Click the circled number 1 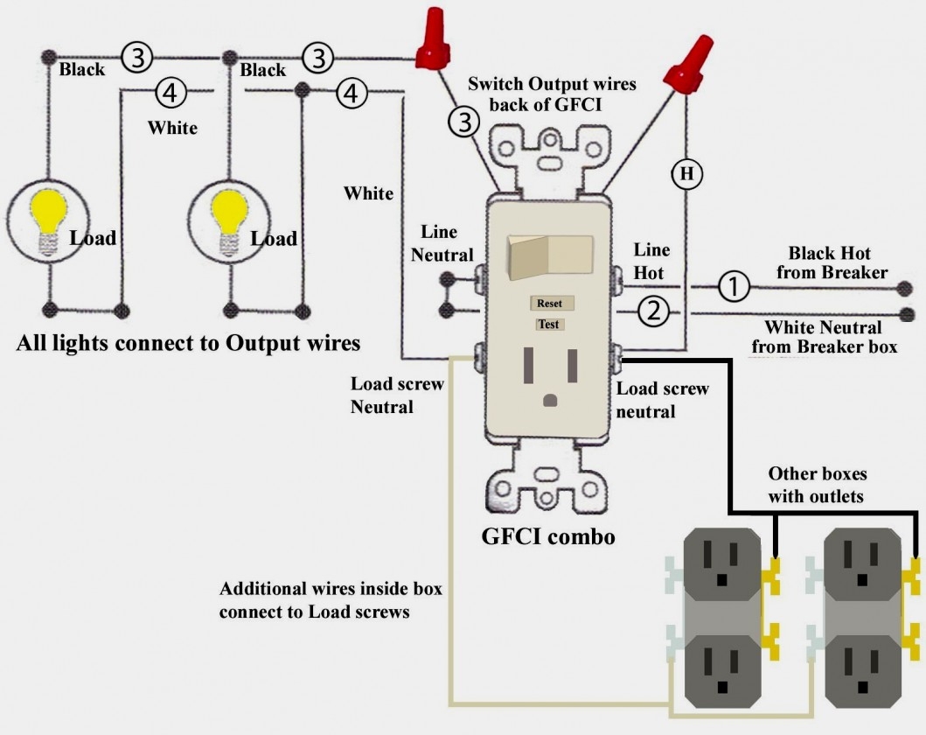click(735, 285)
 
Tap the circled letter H click(686, 175)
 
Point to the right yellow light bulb click(228, 213)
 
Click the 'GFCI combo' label click(548, 535)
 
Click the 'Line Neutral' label click(442, 243)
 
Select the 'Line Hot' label click(651, 261)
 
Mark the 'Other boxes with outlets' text click(817, 485)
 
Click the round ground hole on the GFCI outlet click(549, 400)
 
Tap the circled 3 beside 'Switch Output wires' click(465, 122)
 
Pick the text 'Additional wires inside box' click(331, 589)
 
